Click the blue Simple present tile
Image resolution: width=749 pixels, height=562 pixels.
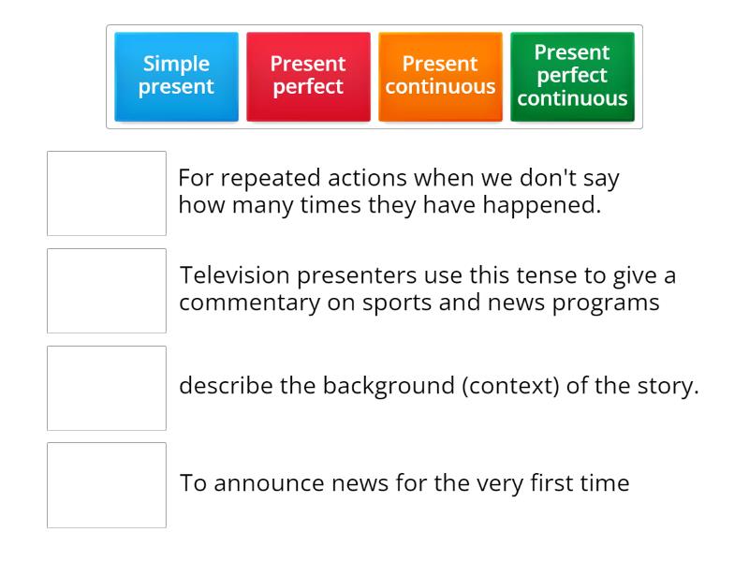coord(177,76)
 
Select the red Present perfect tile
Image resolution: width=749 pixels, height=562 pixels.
coord(308,76)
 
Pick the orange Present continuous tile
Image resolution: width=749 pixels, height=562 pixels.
coord(440,76)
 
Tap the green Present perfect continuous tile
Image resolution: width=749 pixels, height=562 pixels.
coord(572,76)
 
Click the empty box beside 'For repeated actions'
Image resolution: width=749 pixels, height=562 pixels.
coord(107,193)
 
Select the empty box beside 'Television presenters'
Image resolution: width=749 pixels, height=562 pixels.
coord(107,290)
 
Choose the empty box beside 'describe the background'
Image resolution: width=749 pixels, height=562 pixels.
coord(107,388)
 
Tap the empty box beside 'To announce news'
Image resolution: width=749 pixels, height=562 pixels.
coord(107,485)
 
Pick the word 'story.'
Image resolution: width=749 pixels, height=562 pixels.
coord(668,387)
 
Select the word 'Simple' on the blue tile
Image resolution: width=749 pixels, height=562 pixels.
coord(177,65)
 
